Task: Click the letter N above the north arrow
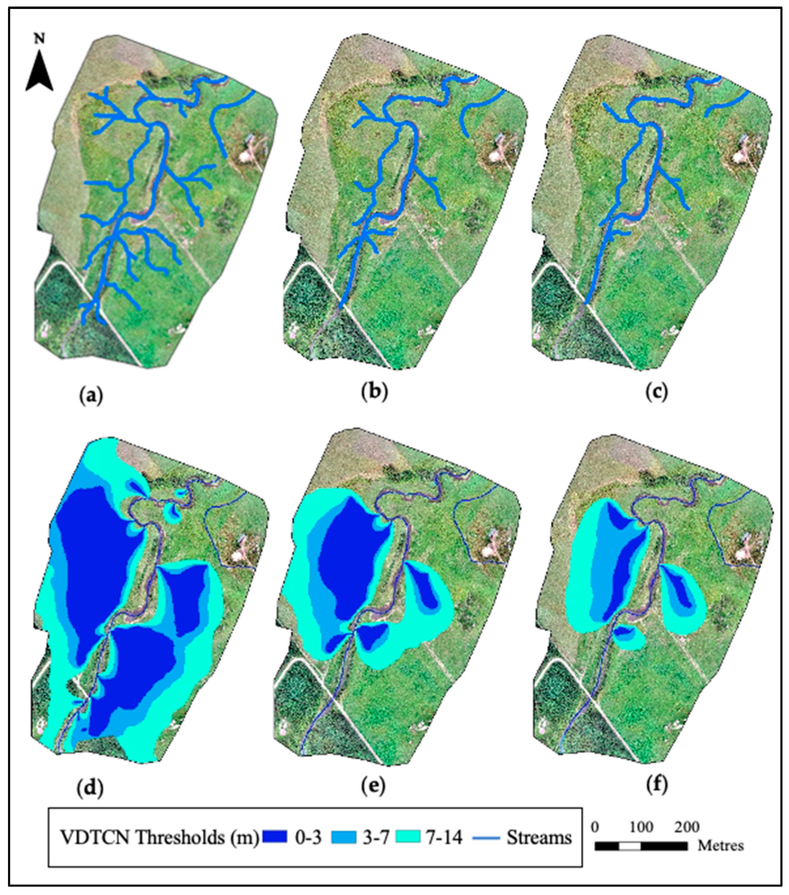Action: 39,38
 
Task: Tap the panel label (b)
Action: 374,392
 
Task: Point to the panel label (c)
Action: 656,392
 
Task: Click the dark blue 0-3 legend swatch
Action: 274,837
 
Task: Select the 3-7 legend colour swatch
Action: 344,837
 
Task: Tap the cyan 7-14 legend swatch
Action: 408,837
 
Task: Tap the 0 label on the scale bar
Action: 595,826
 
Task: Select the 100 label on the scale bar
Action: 641,826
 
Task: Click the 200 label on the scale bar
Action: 686,826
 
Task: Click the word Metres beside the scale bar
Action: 720,845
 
